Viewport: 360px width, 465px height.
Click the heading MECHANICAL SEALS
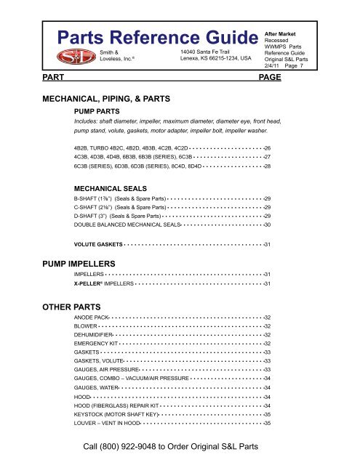pos(112,187)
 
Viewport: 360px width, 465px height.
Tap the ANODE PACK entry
pos(92,318)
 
